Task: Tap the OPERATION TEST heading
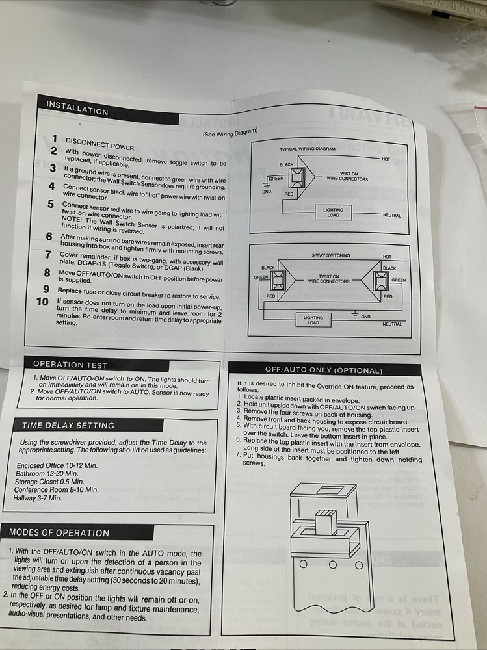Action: (x=70, y=365)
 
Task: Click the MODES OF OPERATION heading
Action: (x=59, y=532)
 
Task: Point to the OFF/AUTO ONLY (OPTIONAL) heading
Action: (x=323, y=370)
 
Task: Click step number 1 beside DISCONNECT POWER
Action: (x=55, y=138)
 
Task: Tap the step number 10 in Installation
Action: (x=42, y=302)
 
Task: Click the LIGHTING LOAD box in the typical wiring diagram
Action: (x=333, y=213)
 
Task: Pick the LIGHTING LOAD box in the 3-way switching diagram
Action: (x=313, y=319)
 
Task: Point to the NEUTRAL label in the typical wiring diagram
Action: (x=391, y=215)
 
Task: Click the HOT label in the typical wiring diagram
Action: (x=386, y=159)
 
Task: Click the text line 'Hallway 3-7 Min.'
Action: (x=37, y=498)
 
